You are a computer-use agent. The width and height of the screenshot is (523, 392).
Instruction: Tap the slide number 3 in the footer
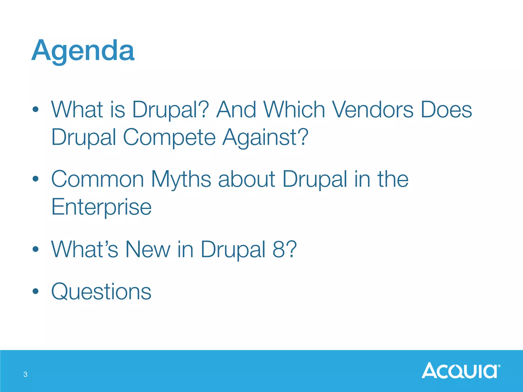[x=25, y=374]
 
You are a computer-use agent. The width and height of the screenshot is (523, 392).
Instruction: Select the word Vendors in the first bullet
[x=373, y=109]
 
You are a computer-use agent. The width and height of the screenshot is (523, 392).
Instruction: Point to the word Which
[x=294, y=109]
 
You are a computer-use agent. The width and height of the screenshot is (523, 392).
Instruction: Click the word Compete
[x=169, y=137]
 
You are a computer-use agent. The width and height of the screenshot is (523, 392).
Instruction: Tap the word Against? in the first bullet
[x=265, y=137]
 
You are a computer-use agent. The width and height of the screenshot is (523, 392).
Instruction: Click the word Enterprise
[x=101, y=207]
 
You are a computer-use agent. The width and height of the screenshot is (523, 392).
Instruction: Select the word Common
[x=98, y=179]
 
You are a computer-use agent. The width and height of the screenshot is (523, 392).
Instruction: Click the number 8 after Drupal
[x=279, y=249]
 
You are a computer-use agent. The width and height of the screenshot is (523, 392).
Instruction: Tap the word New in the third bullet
[x=148, y=249]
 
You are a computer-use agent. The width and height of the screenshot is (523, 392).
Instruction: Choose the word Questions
[x=101, y=291]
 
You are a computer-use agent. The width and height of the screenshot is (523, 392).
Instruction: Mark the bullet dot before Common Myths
[x=35, y=179]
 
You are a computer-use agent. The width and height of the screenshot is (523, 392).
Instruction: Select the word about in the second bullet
[x=246, y=179]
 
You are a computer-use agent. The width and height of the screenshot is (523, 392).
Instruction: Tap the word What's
[x=85, y=249]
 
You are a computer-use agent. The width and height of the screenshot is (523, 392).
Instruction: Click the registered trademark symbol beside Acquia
[x=499, y=366]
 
